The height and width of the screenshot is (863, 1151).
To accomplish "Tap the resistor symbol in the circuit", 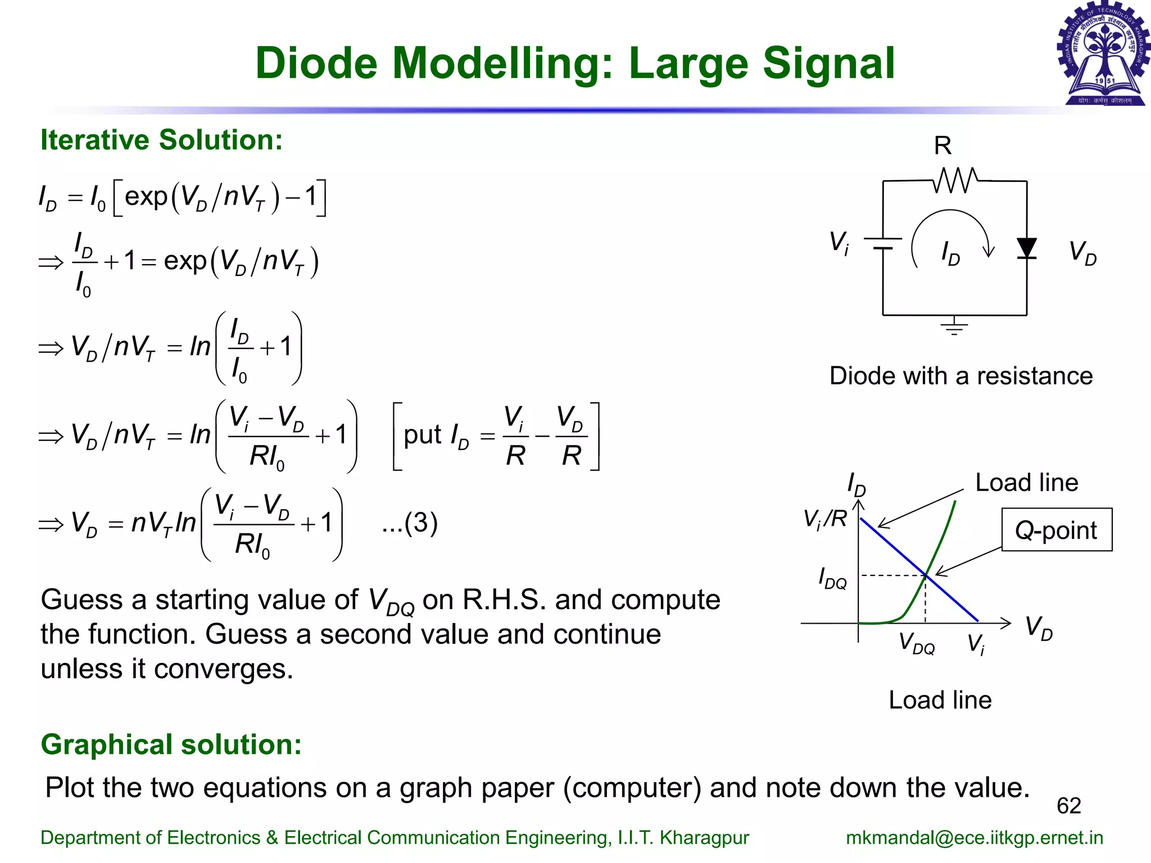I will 955,180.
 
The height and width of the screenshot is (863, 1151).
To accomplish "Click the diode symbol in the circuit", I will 1027,248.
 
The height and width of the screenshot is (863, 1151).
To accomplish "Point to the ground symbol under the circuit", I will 954,327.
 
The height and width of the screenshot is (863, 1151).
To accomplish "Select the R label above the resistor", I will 942,146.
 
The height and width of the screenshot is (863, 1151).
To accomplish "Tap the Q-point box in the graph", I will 1056,530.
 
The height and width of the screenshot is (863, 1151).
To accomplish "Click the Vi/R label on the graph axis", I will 824,518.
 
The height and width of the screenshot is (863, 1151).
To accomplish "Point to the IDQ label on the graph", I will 832,578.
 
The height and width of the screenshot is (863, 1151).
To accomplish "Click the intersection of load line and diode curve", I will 926,575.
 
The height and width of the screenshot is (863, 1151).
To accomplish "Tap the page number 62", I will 1068,806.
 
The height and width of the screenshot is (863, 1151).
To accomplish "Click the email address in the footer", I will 974,837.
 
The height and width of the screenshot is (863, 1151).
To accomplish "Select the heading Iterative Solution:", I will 162,140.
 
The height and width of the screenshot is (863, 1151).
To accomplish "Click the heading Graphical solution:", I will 171,744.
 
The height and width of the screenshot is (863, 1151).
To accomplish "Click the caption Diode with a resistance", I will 960,376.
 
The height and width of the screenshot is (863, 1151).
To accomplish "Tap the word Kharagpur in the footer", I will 704,837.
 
